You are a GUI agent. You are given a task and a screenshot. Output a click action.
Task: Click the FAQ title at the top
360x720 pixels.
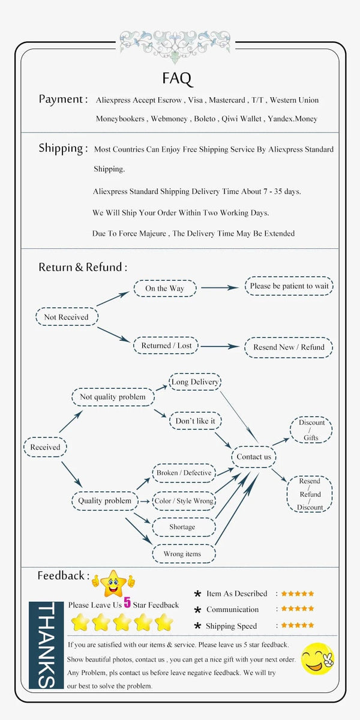tap(177, 79)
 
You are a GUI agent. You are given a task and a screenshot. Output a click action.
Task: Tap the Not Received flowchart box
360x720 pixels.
tap(66, 317)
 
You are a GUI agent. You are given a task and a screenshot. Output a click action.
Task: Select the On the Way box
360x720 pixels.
tap(164, 289)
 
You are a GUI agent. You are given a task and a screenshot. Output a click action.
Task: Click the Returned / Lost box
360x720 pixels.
tap(166, 346)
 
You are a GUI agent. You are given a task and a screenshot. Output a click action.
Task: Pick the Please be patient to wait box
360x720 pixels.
tap(289, 286)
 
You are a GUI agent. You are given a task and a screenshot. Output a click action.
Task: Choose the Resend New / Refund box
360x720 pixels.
tap(289, 347)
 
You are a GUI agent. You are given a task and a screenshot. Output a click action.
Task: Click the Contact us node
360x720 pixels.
tap(254, 457)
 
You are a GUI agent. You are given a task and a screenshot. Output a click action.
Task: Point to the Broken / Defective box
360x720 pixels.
tap(184, 473)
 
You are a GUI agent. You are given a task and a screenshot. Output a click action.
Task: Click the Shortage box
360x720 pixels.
tap(182, 527)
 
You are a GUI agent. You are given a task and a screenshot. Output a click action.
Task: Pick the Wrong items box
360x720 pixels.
tap(182, 554)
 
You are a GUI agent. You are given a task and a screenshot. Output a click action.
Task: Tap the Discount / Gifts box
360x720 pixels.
tap(311, 430)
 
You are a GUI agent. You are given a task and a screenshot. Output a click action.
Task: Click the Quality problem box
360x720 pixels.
tap(105, 500)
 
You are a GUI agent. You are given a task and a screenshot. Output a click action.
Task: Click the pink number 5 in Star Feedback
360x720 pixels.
tap(127, 603)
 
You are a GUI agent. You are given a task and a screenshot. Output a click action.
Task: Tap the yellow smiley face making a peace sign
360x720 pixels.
tap(317, 658)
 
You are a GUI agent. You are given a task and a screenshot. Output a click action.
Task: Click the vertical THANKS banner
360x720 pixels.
tap(47, 645)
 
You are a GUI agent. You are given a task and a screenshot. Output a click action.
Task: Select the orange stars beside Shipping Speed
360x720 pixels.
tap(298, 625)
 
